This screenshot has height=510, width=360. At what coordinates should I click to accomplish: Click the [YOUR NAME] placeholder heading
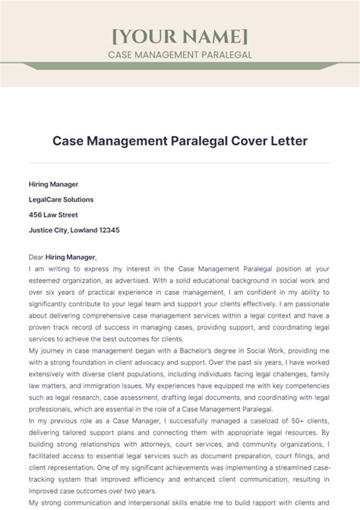coord(179,36)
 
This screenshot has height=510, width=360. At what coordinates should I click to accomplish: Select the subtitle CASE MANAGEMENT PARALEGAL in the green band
coord(179,55)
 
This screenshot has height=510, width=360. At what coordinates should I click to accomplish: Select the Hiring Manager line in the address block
coord(53,184)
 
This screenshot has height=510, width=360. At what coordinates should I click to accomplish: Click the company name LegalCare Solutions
coord(61,199)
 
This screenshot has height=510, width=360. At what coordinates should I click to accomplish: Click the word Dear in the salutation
coord(36,258)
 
